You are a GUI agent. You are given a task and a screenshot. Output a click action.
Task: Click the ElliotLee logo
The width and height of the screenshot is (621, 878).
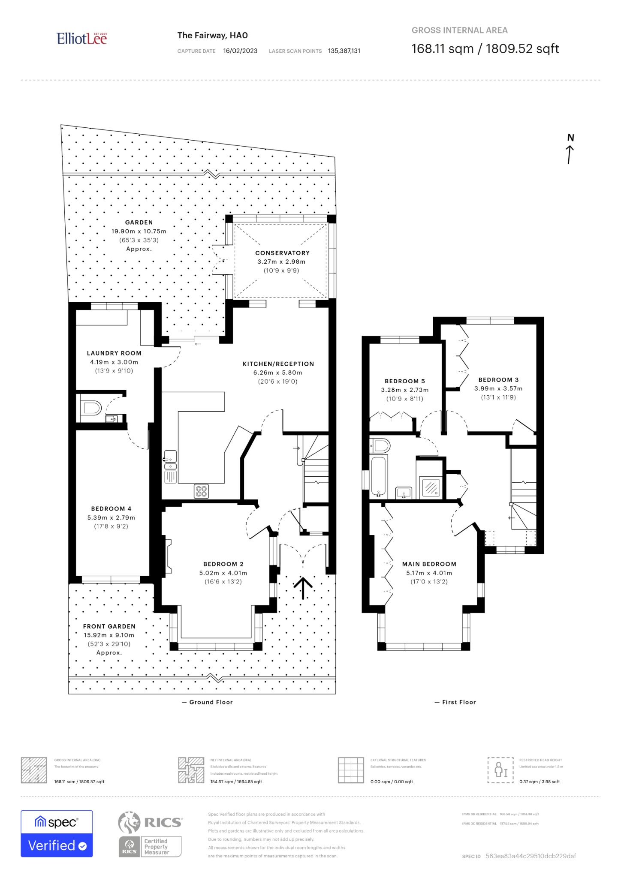81,39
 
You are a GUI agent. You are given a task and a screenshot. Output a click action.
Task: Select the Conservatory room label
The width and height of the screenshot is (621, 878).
282,253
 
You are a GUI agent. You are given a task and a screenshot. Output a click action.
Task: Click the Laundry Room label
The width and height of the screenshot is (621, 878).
114,353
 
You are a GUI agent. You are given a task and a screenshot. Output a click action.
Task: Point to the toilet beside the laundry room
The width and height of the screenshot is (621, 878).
90,407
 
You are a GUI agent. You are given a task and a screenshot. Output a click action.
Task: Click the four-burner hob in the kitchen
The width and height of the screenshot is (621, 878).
201,491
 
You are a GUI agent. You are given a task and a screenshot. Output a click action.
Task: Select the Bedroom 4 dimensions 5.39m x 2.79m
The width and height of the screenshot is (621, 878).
111,517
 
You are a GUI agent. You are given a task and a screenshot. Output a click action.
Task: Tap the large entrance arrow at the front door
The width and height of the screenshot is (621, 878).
303,587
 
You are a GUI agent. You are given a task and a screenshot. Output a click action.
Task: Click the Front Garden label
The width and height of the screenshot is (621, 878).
109,626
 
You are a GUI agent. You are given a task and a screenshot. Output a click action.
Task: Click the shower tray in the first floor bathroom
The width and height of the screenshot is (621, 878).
431,487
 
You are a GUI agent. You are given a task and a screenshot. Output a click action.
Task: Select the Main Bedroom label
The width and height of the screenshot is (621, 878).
429,564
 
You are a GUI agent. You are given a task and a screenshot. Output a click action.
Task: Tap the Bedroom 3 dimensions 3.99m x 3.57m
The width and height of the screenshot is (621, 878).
498,388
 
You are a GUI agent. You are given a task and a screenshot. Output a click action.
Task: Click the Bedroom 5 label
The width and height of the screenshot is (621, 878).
404,381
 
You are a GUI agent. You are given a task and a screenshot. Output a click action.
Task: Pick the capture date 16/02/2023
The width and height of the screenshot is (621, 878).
240,51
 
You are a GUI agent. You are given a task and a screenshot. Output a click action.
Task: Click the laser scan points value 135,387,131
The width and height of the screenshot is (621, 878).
344,51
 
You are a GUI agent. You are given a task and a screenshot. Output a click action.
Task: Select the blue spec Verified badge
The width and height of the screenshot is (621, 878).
57,834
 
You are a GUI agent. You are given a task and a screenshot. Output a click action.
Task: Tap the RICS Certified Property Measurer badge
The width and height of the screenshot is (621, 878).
150,835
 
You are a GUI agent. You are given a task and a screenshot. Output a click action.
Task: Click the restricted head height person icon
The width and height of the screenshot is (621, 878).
500,770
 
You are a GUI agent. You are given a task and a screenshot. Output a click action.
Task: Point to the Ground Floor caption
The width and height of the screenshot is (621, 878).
211,702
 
